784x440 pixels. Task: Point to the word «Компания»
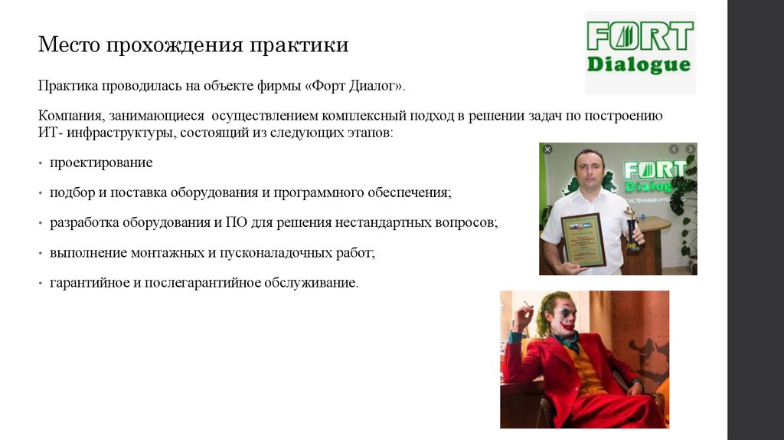tap(70, 116)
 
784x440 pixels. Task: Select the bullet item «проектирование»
tap(101, 163)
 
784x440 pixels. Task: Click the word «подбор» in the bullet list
tap(70, 193)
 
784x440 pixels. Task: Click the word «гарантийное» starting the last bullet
tap(86, 283)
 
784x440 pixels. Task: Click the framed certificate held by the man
tap(583, 239)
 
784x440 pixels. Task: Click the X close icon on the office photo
tap(547, 149)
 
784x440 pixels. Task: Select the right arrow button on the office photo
tap(690, 149)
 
